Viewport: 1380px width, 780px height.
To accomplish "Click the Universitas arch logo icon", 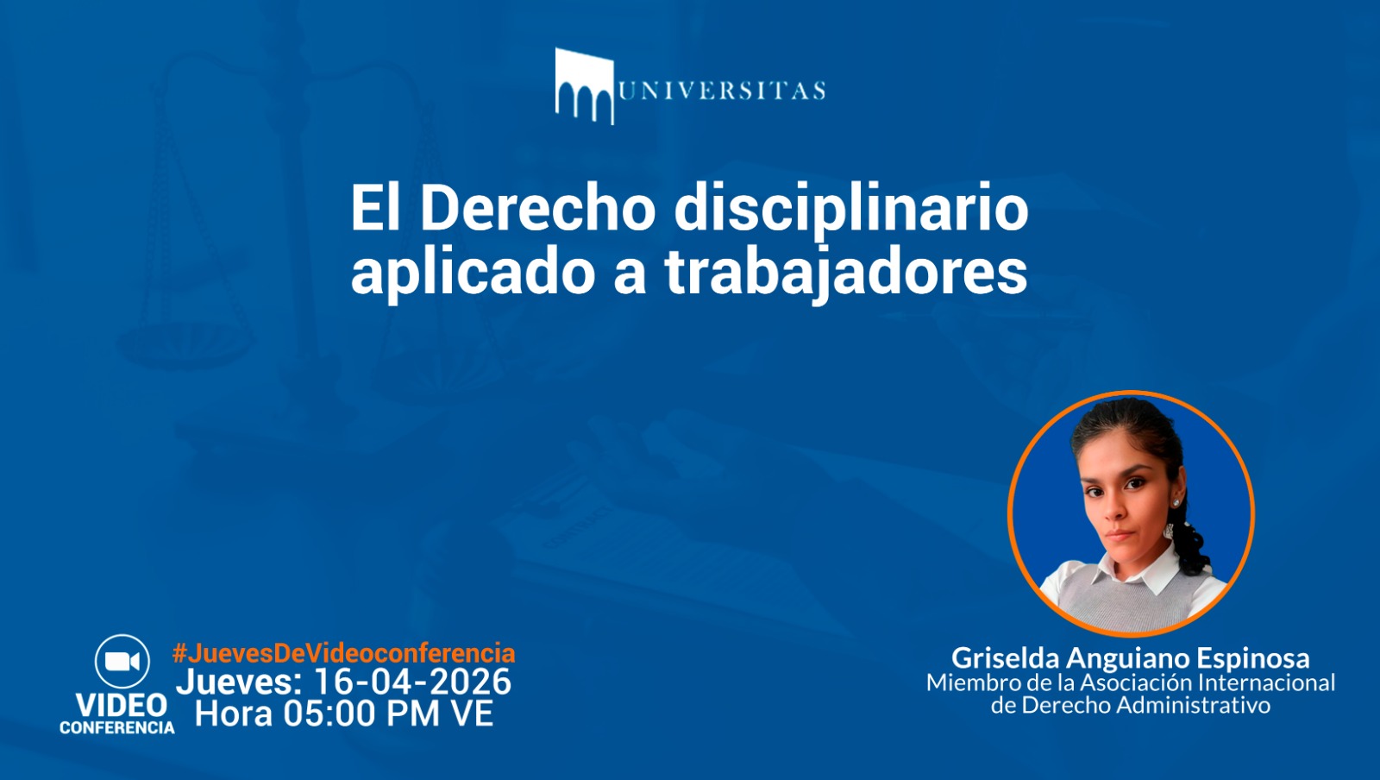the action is pyautogui.click(x=585, y=86).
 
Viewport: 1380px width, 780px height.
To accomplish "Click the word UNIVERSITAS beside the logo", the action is pyautogui.click(x=722, y=91).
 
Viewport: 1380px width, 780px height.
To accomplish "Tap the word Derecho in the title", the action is pyautogui.click(x=537, y=208).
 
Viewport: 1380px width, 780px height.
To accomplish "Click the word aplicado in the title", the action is pyautogui.click(x=474, y=274).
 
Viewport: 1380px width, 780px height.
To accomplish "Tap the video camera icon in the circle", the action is pyautogui.click(x=122, y=661).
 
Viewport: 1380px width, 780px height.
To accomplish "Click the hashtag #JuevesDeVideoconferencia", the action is pyautogui.click(x=344, y=653).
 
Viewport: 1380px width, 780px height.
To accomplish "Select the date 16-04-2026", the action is pyautogui.click(x=413, y=682).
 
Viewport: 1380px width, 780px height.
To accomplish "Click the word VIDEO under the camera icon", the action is pyautogui.click(x=122, y=705).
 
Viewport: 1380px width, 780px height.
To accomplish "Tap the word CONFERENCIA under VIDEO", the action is pyautogui.click(x=117, y=727).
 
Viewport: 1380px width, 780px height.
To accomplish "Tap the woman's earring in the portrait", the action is pyautogui.click(x=1177, y=503).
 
